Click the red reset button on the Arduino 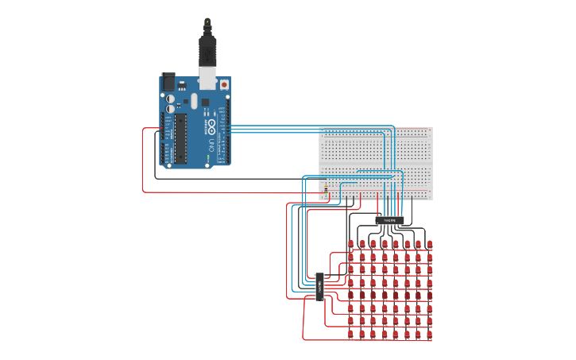pyautogui.click(x=224, y=83)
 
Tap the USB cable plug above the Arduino pyautogui.click(x=207, y=52)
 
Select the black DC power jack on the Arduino pyautogui.click(x=168, y=81)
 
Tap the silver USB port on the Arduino pyautogui.click(x=207, y=77)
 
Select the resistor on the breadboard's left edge pyautogui.click(x=325, y=190)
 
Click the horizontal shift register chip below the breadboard pyautogui.click(x=389, y=219)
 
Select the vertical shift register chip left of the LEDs pyautogui.click(x=319, y=286)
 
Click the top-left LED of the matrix pyautogui.click(x=351, y=244)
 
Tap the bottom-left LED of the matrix pyautogui.click(x=351, y=335)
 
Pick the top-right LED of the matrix pyautogui.click(x=429, y=244)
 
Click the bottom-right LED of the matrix pyautogui.click(x=429, y=335)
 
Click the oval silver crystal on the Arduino pyautogui.click(x=192, y=101)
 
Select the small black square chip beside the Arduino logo pyautogui.click(x=205, y=103)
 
